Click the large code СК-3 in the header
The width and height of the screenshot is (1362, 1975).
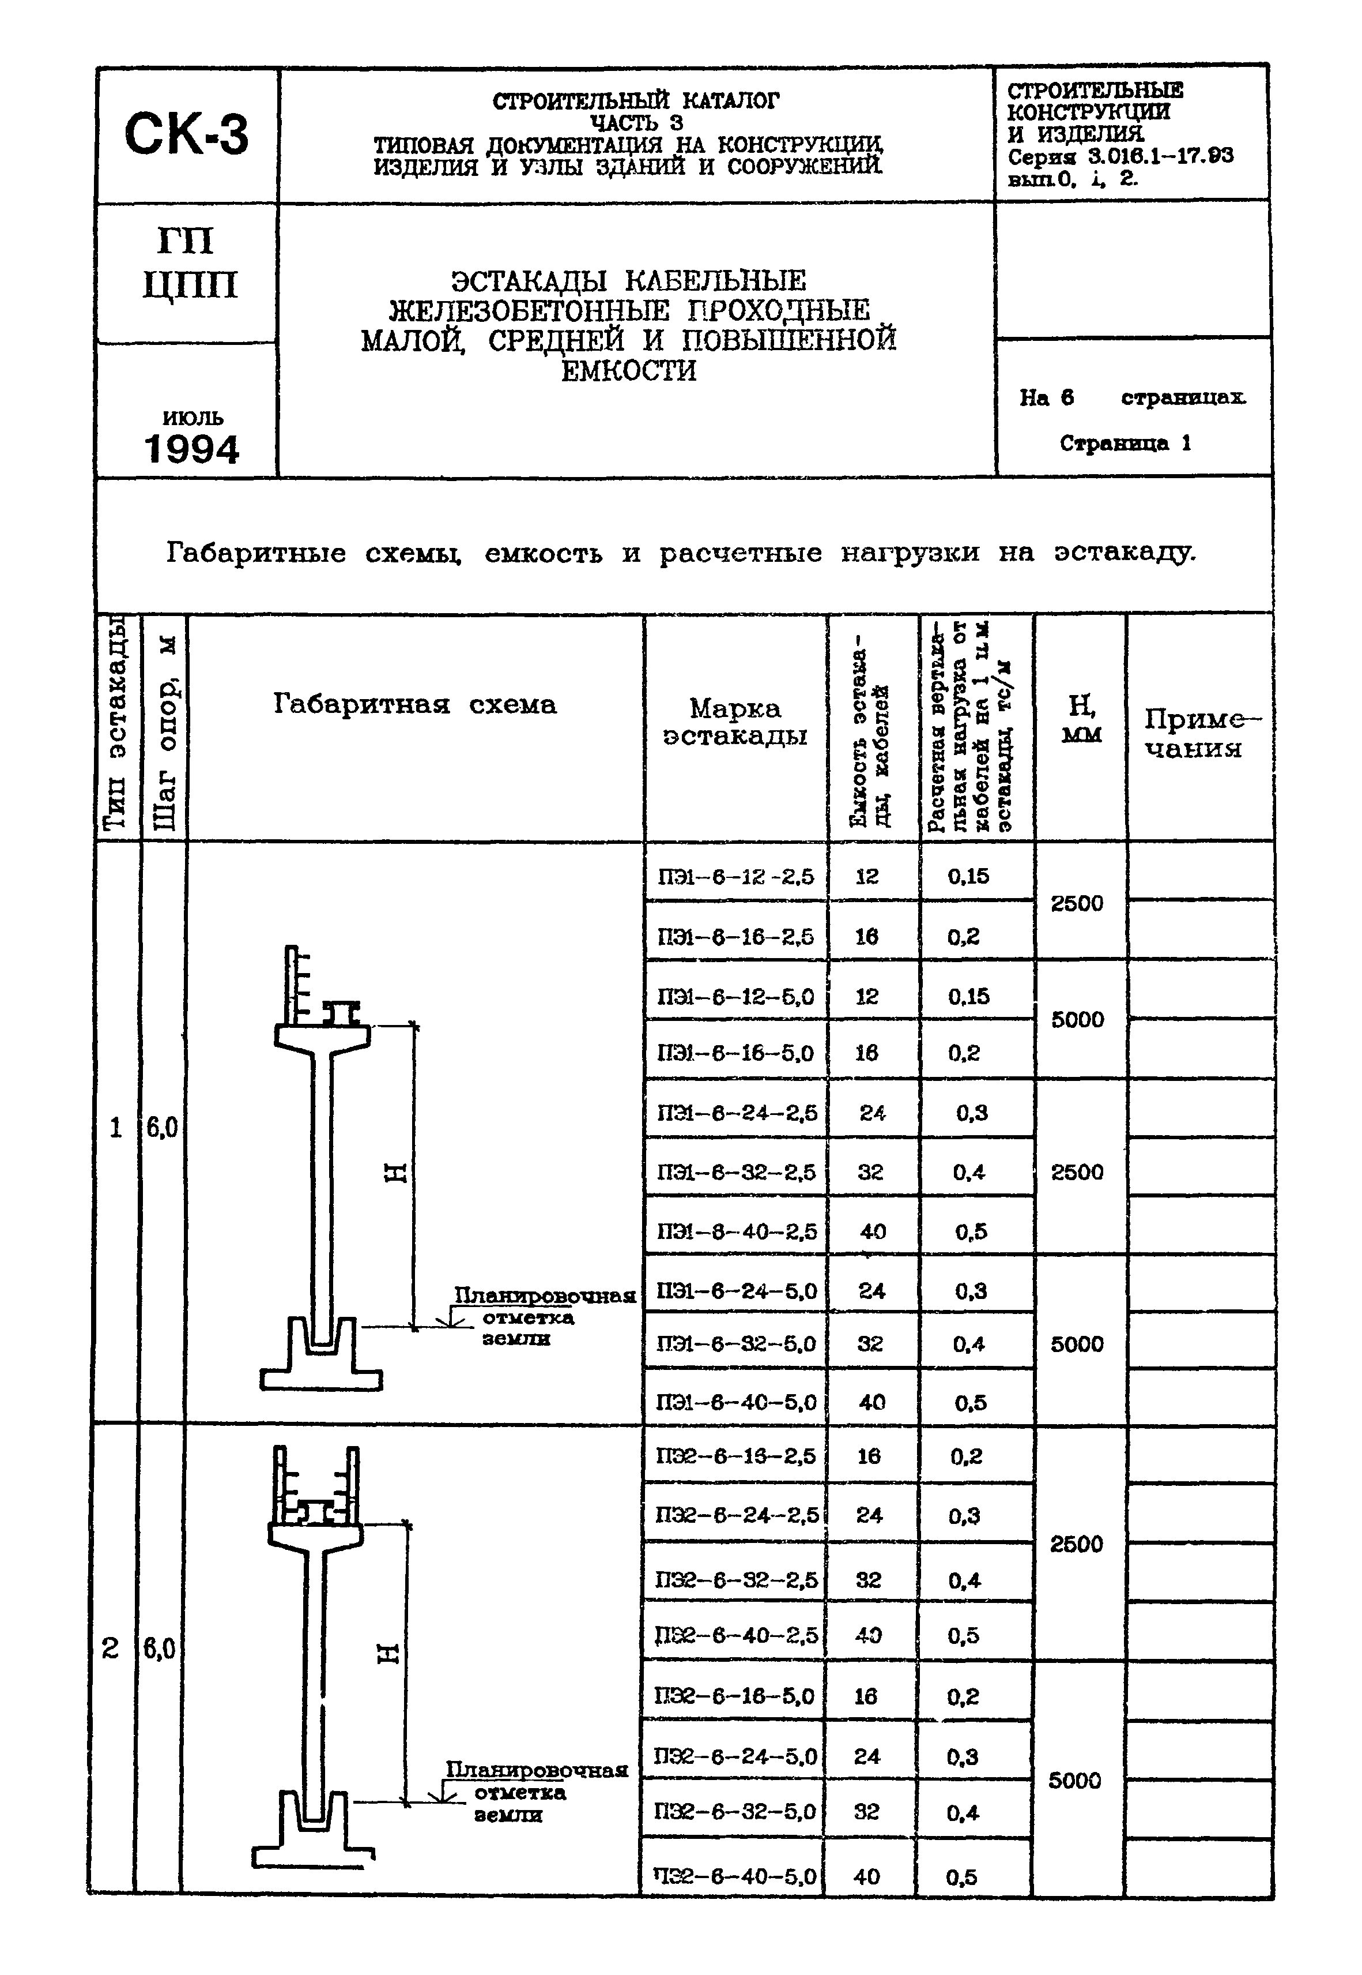[186, 135]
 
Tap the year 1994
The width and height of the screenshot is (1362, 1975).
[191, 450]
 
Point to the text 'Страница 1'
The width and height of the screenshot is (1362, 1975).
[1125, 443]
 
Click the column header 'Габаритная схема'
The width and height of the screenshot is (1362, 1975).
[415, 704]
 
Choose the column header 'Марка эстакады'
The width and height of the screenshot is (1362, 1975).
[735, 722]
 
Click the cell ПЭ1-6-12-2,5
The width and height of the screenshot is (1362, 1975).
[735, 877]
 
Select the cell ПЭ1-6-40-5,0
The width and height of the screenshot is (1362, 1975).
[735, 1402]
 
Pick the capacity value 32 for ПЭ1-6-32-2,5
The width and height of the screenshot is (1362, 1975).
[870, 1172]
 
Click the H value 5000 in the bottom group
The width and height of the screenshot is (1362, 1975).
[1074, 1780]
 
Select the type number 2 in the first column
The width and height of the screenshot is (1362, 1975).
[110, 1648]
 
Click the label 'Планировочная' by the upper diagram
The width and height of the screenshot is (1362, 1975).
[544, 1296]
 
